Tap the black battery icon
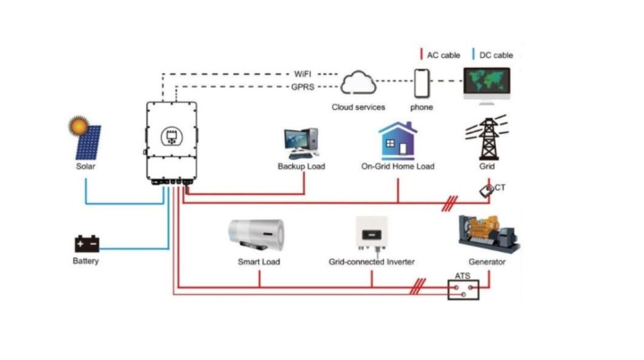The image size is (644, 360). [87, 243]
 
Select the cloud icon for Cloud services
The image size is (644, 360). [358, 84]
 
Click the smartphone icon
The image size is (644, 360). [422, 85]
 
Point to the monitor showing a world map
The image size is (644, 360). [488, 83]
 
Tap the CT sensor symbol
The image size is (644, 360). [486, 190]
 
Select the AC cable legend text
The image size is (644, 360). [443, 55]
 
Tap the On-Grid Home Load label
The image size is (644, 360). [397, 167]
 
